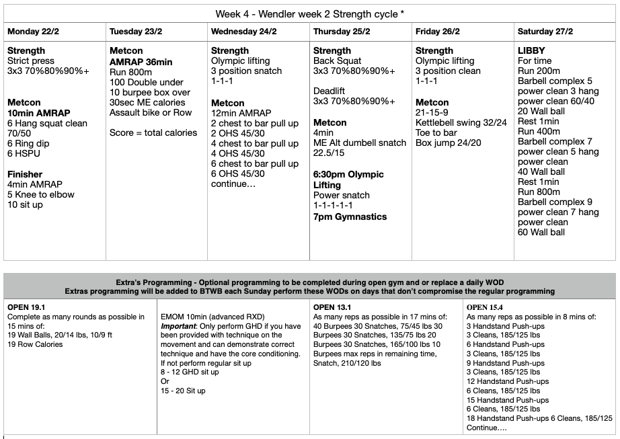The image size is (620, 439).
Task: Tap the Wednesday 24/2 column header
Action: tap(243, 32)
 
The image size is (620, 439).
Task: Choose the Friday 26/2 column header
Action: tap(438, 32)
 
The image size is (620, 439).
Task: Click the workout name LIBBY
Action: tap(531, 50)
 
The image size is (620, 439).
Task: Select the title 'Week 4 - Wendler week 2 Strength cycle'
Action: tap(309, 13)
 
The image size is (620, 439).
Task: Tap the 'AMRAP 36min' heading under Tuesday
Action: tap(141, 62)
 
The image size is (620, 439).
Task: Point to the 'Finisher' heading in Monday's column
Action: tap(25, 174)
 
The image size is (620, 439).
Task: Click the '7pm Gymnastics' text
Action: tap(350, 216)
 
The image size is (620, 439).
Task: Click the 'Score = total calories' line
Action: tap(153, 132)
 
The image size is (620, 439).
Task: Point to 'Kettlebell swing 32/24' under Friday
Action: tap(461, 122)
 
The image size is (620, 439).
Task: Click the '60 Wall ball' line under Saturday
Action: tap(541, 232)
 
